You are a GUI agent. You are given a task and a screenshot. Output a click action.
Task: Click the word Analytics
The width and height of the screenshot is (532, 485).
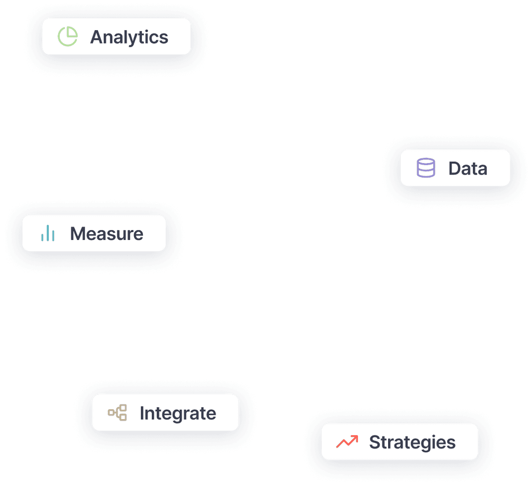pos(129,37)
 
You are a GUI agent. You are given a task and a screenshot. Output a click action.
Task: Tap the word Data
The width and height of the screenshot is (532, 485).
pos(468,168)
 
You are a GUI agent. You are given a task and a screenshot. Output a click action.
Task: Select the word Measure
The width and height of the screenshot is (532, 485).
pos(107,234)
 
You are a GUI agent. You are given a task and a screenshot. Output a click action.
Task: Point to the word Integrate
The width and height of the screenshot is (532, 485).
pos(178,413)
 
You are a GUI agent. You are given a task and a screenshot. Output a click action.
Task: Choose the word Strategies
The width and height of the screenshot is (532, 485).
pos(412,442)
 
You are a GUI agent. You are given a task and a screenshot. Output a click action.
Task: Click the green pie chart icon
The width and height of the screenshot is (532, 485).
pos(67,37)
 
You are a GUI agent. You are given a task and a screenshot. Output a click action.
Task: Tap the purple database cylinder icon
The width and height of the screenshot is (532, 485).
pos(426,168)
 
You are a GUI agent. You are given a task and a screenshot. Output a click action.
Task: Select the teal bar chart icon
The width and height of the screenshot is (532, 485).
pos(48,234)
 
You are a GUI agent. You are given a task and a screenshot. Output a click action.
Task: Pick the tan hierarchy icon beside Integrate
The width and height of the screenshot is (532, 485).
pos(117,413)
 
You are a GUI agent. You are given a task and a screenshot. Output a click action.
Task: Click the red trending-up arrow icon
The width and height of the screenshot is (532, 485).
pos(347,442)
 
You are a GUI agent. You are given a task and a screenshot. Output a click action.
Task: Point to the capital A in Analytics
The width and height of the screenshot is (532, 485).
pos(97,37)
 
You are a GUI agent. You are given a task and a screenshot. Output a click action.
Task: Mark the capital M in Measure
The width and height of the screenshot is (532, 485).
pos(78,234)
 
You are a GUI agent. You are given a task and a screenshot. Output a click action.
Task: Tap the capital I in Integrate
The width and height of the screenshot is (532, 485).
pos(142,413)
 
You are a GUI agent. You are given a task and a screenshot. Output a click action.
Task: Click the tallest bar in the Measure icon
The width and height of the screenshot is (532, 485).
pos(48,233)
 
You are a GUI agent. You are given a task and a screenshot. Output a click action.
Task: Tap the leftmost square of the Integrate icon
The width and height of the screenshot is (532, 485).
pos(111,413)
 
